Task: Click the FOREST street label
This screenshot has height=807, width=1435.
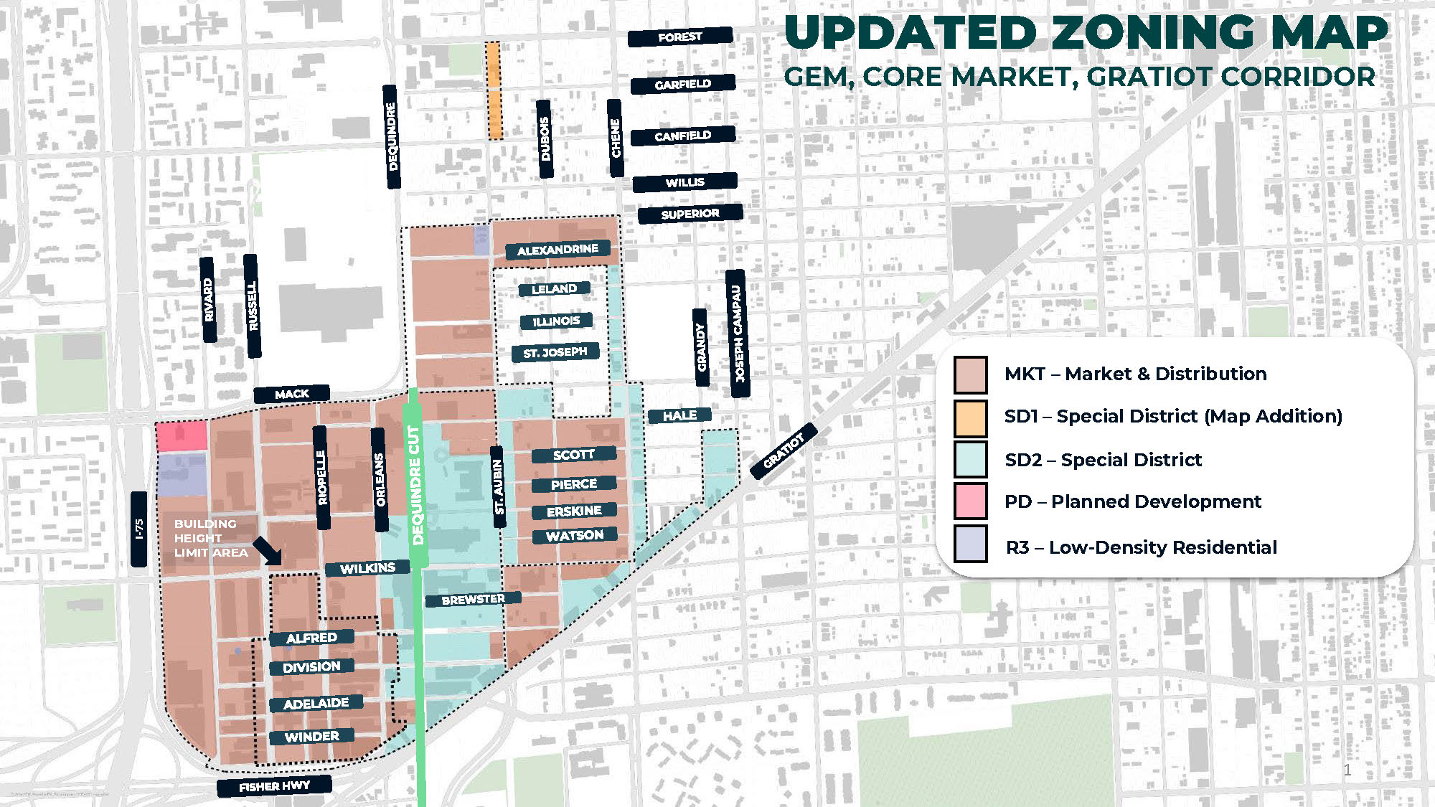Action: (x=679, y=37)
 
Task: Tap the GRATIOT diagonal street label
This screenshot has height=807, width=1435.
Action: (x=783, y=451)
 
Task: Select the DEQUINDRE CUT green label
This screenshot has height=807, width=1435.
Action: (x=415, y=484)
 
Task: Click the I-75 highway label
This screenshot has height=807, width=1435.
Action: (x=139, y=529)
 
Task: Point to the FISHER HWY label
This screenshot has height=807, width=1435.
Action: (x=274, y=786)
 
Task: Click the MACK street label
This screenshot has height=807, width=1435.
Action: (x=291, y=394)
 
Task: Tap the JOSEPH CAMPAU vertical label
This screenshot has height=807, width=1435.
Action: (x=738, y=334)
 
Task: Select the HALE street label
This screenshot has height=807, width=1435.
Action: (x=679, y=415)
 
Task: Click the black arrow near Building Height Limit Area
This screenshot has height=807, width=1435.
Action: (x=267, y=551)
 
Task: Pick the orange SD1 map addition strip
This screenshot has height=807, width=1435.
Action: (x=494, y=90)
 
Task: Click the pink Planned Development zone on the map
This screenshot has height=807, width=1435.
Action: (x=182, y=436)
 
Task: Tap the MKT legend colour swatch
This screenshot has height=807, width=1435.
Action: (x=970, y=374)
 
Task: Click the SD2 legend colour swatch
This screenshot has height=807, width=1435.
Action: (x=970, y=459)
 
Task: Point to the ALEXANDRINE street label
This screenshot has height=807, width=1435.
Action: (x=557, y=250)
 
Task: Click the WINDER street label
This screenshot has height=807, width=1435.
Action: (x=311, y=737)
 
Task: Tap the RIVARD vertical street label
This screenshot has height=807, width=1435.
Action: (x=208, y=300)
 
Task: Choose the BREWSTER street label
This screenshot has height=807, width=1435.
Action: (x=473, y=599)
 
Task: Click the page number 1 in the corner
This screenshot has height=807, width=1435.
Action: (x=1347, y=770)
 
